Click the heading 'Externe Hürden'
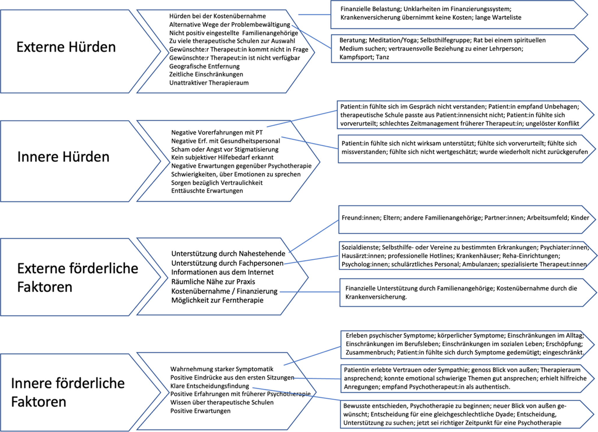(66, 47)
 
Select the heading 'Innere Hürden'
(63, 157)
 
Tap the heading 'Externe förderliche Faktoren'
(77, 277)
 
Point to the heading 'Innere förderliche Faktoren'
(68, 392)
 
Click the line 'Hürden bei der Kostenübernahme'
(217, 16)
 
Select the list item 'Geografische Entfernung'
(204, 66)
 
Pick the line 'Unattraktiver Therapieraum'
(209, 83)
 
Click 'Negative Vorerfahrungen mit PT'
(217, 133)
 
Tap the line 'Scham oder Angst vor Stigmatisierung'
(225, 149)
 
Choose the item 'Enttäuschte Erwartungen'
(207, 191)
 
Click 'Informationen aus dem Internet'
(222, 272)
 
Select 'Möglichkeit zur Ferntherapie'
(217, 300)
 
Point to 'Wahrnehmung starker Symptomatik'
(222, 369)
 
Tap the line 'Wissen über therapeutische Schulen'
(222, 403)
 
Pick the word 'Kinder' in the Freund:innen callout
(580, 218)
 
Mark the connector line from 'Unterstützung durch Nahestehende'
(314, 236)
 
